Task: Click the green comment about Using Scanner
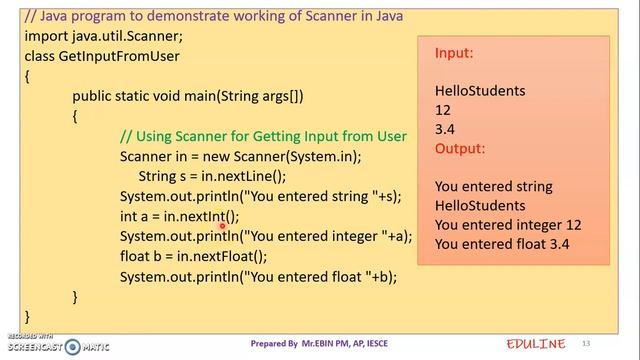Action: coord(263,136)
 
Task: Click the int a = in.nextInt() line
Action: coord(179,216)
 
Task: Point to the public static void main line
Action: coord(187,96)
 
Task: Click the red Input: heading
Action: coord(454,52)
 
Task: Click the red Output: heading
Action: coord(460,148)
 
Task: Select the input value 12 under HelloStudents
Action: coord(443,110)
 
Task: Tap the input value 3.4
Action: coord(445,129)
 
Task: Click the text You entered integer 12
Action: coord(508,225)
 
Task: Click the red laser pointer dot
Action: coord(222,227)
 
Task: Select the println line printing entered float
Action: coord(258,276)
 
